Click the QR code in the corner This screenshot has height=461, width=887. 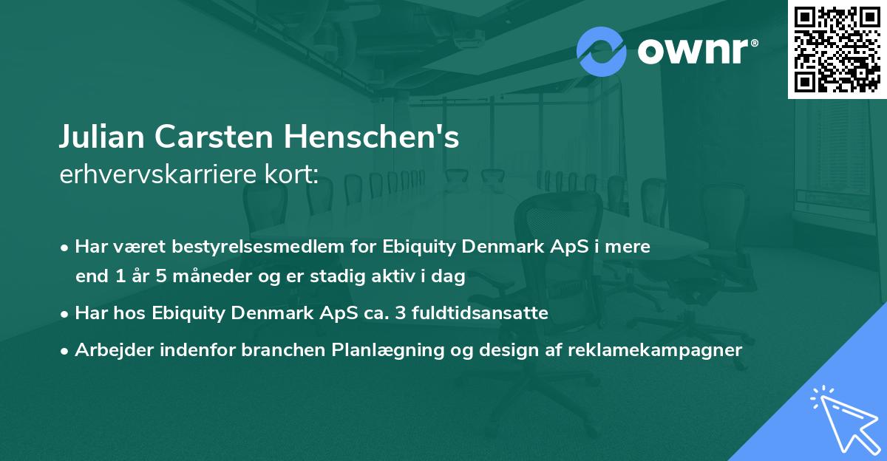click(x=837, y=49)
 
